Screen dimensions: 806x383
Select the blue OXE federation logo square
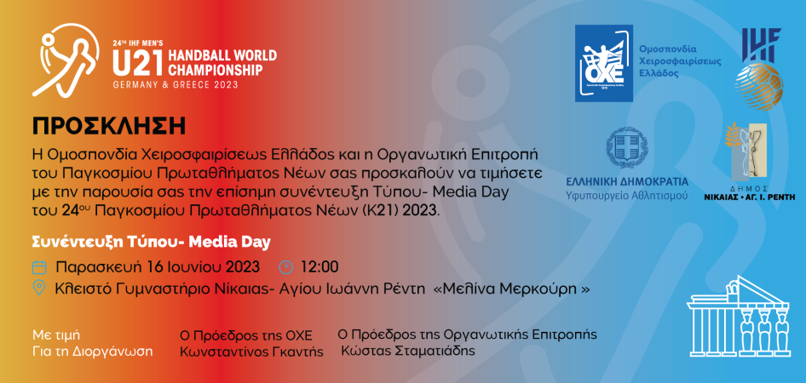[x=604, y=62]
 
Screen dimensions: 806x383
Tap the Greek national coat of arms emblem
[x=627, y=148]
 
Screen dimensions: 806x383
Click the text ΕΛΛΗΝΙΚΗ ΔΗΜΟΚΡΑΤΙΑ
[x=626, y=182]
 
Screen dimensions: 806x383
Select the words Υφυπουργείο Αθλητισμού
[x=626, y=196]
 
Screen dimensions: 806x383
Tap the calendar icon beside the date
[x=39, y=267]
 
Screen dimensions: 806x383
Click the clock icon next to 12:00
[x=285, y=267]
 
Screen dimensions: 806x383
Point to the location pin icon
[x=38, y=288]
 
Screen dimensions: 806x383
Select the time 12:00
[x=320, y=267]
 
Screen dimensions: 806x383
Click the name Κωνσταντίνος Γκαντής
[x=251, y=352]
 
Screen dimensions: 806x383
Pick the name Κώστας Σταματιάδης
[x=409, y=352]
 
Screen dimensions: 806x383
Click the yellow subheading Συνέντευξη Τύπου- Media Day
[x=151, y=243]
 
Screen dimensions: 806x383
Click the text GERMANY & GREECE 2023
[x=176, y=85]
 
